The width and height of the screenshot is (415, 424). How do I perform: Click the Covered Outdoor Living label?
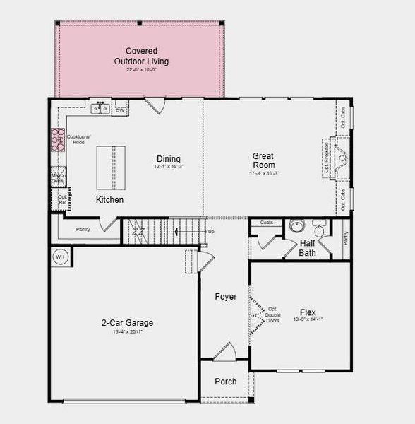point(141,56)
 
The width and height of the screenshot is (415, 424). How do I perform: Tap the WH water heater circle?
point(60,257)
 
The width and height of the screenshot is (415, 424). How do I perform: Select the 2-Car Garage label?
point(127,323)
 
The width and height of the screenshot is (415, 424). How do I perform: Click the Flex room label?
point(308,312)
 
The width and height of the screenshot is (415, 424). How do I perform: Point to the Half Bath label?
point(307,248)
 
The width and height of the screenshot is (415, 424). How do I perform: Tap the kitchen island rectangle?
point(111,167)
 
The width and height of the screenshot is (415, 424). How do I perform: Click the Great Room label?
point(263,160)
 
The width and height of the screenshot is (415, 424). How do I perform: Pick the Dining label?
point(169,159)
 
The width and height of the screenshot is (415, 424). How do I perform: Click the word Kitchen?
point(109,200)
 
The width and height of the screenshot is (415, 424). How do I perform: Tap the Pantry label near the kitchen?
point(83,229)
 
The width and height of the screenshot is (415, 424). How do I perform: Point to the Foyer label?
point(226,297)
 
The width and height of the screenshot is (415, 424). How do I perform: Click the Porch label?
point(226,382)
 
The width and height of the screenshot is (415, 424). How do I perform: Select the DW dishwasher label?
point(120,110)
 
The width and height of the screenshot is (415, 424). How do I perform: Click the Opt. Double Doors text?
point(272,315)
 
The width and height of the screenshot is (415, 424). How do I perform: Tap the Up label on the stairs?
point(210,231)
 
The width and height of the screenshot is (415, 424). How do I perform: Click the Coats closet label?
point(266,223)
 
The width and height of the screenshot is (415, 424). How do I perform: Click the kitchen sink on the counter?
point(100,109)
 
